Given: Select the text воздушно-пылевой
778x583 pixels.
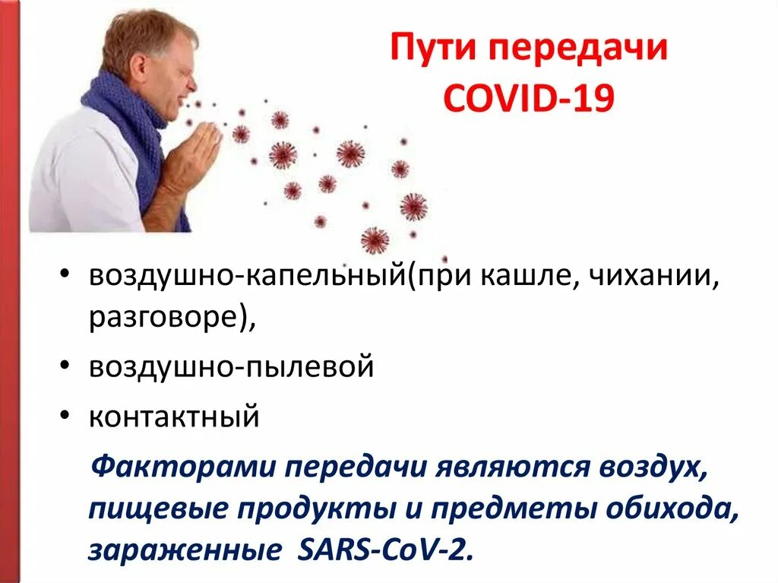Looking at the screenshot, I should pos(231,367).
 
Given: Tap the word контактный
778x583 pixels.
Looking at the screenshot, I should pos(174,417).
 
